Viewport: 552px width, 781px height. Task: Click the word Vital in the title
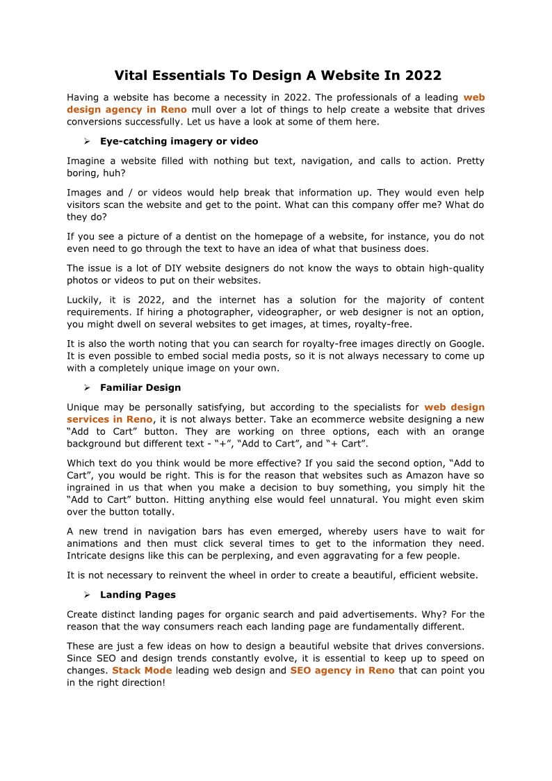[x=130, y=76]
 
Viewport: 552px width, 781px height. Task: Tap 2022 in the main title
[x=423, y=76]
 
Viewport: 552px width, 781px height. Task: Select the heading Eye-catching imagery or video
[x=179, y=141]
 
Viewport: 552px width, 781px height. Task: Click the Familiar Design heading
[x=140, y=387]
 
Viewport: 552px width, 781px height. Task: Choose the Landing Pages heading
[x=138, y=595]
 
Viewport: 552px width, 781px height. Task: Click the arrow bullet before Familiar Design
[x=88, y=387]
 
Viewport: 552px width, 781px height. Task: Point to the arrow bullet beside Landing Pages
[x=88, y=595]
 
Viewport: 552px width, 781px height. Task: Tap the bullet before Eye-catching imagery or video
[x=88, y=141]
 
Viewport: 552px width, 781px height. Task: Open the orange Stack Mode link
[x=142, y=670]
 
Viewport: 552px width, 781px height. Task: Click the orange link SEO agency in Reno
[x=342, y=670]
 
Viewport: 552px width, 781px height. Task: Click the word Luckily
[x=83, y=300]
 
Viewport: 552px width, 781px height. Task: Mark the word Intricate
[x=86, y=556]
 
